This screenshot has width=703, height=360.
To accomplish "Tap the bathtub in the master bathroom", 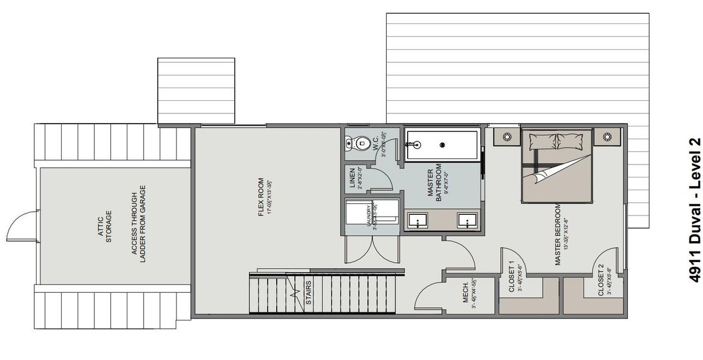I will tap(441, 145).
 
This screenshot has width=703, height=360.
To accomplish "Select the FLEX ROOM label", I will tap(261, 197).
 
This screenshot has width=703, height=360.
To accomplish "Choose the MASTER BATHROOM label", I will tap(435, 182).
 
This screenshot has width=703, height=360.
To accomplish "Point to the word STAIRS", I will tap(308, 294).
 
